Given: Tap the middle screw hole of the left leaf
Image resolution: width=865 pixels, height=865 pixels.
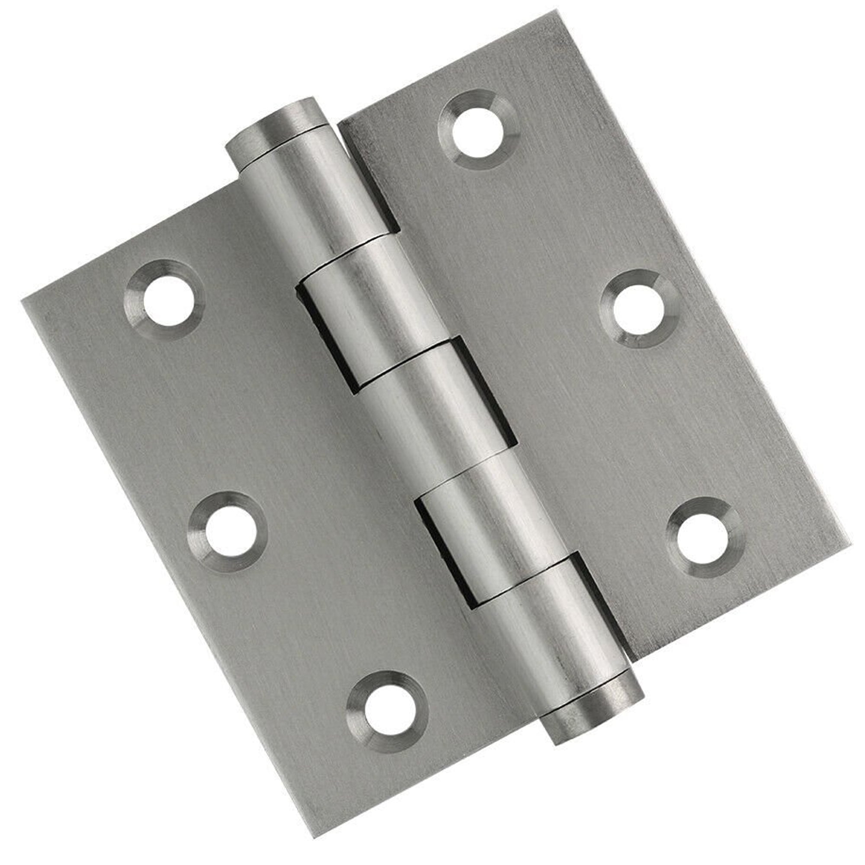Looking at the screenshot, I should pos(230,532).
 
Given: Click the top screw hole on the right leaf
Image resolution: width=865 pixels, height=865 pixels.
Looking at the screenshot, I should pos(479,129).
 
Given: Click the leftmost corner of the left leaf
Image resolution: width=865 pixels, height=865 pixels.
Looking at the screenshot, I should pos(22,300).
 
